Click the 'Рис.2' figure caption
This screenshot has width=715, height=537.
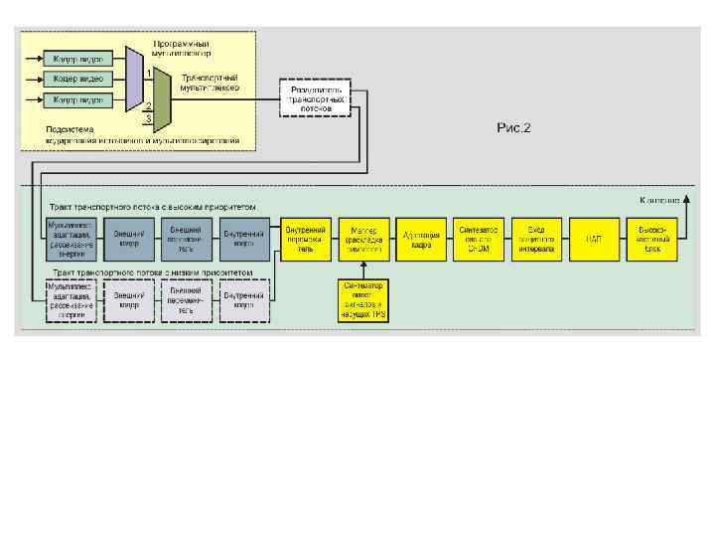[x=514, y=127]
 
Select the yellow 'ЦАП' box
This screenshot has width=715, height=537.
[x=594, y=238]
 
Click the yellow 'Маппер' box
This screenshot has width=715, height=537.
[x=364, y=238]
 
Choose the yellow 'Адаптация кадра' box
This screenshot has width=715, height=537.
[x=421, y=238]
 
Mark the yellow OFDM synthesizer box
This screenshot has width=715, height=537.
[x=479, y=238]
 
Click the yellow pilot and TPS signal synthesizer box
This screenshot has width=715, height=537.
[x=364, y=300]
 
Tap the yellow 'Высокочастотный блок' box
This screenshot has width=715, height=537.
[x=651, y=238]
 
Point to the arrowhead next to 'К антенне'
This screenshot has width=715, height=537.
[x=684, y=200]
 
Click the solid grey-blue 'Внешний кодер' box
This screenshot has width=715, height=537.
[x=129, y=238]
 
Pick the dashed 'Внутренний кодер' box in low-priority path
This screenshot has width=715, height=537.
[x=242, y=300]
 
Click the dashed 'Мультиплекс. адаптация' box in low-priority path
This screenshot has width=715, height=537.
[x=71, y=300]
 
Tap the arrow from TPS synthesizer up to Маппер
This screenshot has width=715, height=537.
[x=364, y=268]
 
